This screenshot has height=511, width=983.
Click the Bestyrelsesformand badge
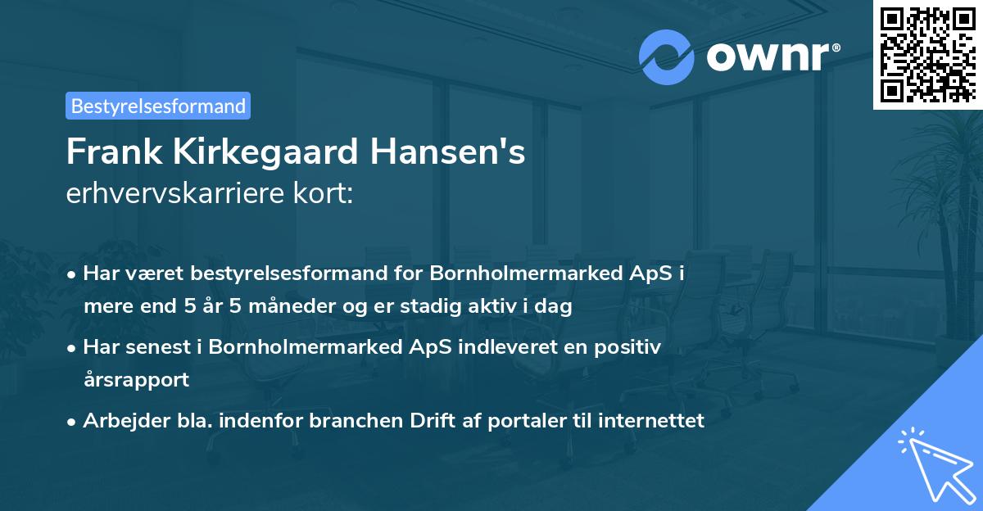(158, 106)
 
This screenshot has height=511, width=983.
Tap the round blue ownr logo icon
(667, 57)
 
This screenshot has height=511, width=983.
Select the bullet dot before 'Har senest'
(73, 348)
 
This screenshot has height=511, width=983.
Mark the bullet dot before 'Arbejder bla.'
(73, 423)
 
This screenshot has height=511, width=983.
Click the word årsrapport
(136, 380)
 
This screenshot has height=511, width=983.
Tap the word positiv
(632, 347)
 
